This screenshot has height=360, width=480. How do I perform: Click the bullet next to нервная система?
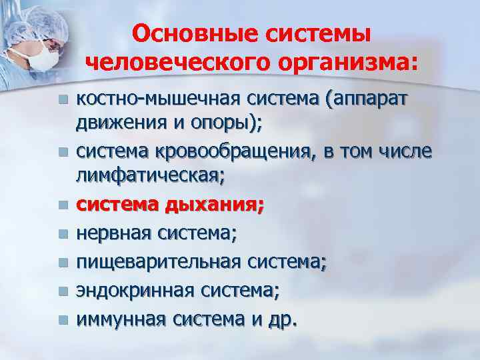point(63,234)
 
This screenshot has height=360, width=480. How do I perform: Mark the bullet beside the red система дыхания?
point(63,206)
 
